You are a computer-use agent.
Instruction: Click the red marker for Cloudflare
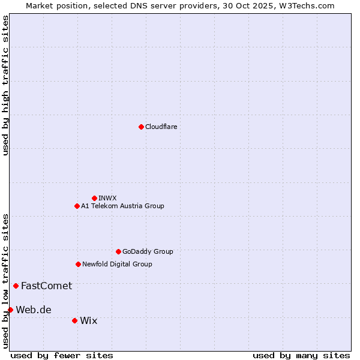pyautogui.click(x=141, y=127)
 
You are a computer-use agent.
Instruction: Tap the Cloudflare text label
pyautogui.click(x=161, y=127)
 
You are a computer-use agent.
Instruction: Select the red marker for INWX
pyautogui.click(x=94, y=198)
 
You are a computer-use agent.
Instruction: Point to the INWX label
pyautogui.click(x=107, y=198)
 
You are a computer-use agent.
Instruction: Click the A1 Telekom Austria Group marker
pyautogui.click(x=77, y=206)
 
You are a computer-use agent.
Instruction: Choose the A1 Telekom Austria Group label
pyautogui.click(x=122, y=206)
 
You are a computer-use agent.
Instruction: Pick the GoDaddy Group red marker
pyautogui.click(x=118, y=251)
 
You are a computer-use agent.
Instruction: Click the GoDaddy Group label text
pyautogui.click(x=147, y=251)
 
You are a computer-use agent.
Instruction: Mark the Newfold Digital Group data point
pyautogui.click(x=78, y=264)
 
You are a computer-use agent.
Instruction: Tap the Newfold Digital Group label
pyautogui.click(x=117, y=264)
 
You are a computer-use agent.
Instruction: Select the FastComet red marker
pyautogui.click(x=16, y=286)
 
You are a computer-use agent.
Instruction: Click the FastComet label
pyautogui.click(x=46, y=286)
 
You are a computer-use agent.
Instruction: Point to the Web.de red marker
pyautogui.click(x=10, y=310)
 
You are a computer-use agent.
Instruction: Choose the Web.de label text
pyautogui.click(x=34, y=310)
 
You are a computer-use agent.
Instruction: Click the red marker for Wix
pyautogui.click(x=74, y=320)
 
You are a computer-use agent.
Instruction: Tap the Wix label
pyautogui.click(x=88, y=320)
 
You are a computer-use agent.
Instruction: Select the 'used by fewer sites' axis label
pyautogui.click(x=62, y=355)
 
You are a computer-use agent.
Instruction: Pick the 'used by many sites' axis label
pyautogui.click(x=301, y=355)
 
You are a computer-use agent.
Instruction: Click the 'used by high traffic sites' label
pyautogui.click(x=5, y=85)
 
